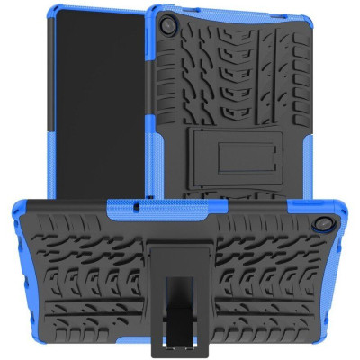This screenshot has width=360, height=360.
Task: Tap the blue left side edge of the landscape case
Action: pyautogui.click(x=11, y=270)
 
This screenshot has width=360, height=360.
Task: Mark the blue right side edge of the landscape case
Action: pyautogui.click(x=348, y=270)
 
